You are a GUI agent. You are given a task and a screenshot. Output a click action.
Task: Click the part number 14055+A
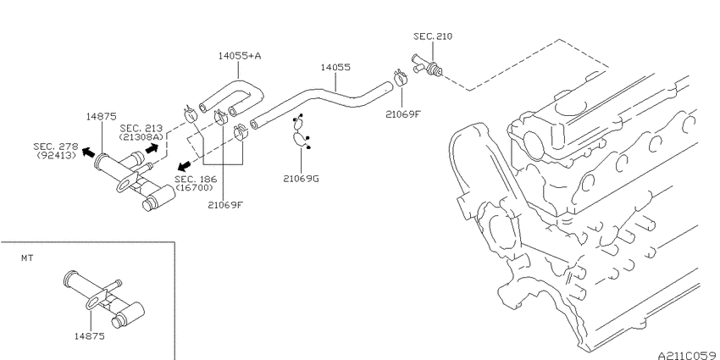click(x=240, y=56)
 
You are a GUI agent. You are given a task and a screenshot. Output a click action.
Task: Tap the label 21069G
click(x=301, y=179)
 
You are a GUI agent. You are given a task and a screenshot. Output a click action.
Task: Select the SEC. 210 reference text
click(x=433, y=36)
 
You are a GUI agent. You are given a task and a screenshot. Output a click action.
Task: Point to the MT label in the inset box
click(x=27, y=258)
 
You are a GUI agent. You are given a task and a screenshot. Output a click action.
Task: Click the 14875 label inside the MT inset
click(x=90, y=336)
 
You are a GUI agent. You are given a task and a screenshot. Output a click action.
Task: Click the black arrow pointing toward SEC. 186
click(x=185, y=165)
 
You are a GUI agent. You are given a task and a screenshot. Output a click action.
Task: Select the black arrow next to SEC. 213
click(x=152, y=148)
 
